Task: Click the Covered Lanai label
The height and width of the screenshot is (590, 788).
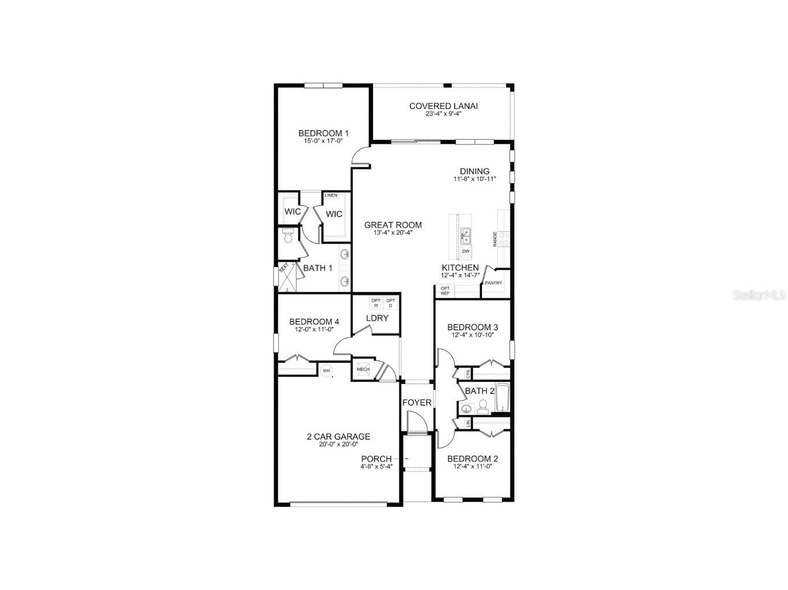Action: [x=443, y=106]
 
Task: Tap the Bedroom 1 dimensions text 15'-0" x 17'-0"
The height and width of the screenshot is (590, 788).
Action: [x=323, y=141]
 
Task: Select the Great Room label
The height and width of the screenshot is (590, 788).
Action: [x=393, y=225]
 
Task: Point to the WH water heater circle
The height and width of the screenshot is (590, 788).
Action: [x=326, y=371]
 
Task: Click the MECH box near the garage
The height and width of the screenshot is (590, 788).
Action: [x=363, y=370]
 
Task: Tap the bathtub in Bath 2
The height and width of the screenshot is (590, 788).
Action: [x=502, y=398]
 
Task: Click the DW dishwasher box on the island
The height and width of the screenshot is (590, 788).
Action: [x=465, y=252]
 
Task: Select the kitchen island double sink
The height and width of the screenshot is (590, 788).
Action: [x=465, y=236]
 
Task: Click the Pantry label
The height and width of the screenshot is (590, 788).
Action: [x=494, y=283]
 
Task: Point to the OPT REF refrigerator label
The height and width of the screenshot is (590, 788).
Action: [x=445, y=291]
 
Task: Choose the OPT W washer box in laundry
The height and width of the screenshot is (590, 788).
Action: [x=376, y=303]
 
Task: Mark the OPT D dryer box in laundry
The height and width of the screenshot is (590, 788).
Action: [x=391, y=303]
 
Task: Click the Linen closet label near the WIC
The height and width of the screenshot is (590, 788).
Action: [x=331, y=196]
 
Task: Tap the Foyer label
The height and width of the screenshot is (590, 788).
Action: [x=417, y=402]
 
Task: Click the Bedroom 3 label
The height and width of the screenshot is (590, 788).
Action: [x=472, y=327]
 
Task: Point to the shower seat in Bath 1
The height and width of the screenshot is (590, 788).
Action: [x=283, y=268]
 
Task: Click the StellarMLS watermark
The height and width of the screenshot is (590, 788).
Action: [x=759, y=295]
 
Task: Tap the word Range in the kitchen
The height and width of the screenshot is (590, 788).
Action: [x=495, y=239]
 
